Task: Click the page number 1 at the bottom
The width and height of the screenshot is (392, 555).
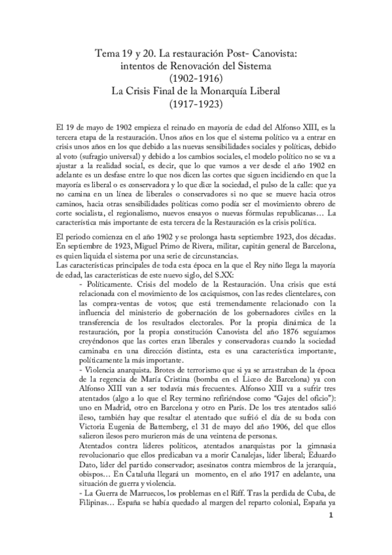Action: pyautogui.click(x=332, y=516)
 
